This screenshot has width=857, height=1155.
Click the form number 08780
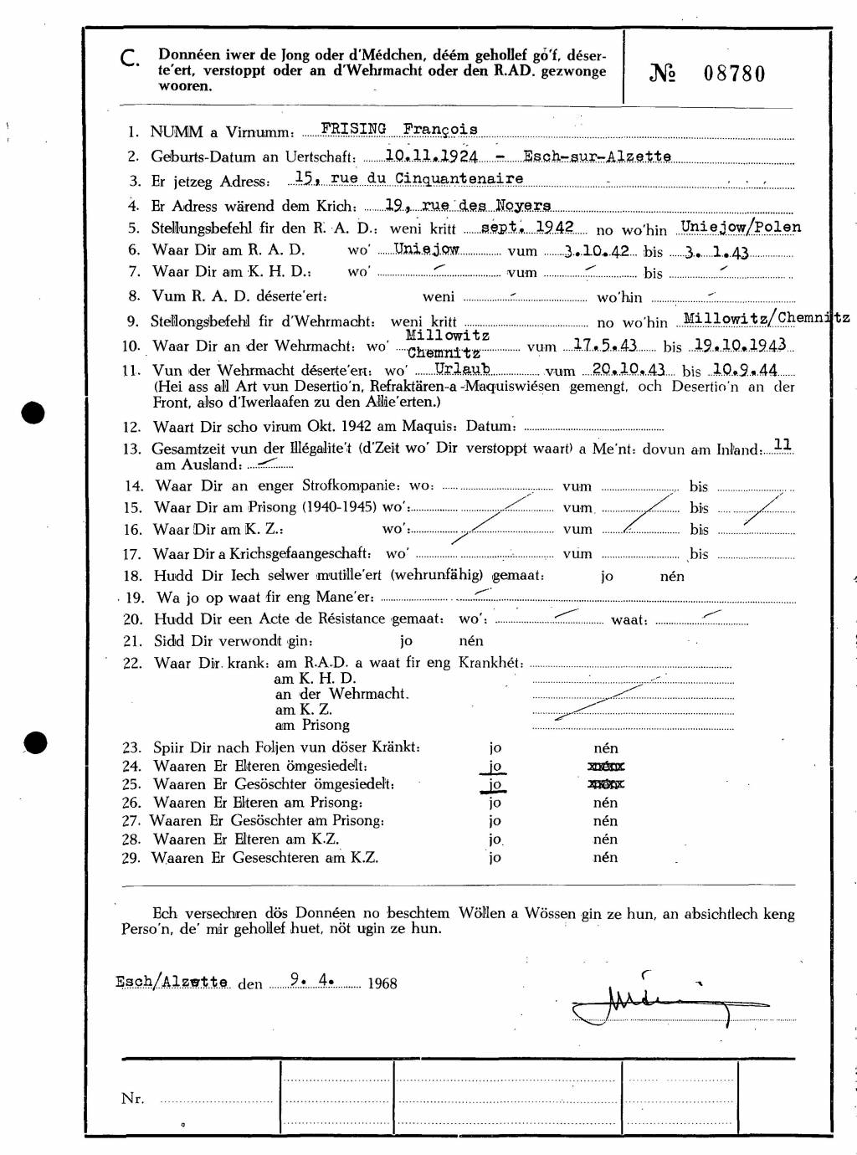pyautogui.click(x=734, y=74)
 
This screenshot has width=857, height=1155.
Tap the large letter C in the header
pyautogui.click(x=130, y=59)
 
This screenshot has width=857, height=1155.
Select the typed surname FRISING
pyautogui.click(x=352, y=129)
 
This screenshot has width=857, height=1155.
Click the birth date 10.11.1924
pyautogui.click(x=431, y=157)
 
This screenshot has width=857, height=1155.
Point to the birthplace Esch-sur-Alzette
pyautogui.click(x=597, y=157)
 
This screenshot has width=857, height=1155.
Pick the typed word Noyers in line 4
pyautogui.click(x=522, y=205)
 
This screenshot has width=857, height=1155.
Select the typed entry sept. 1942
pyautogui.click(x=527, y=228)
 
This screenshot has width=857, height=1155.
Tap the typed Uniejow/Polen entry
pyautogui.click(x=741, y=227)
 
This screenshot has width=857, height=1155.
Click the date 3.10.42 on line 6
pyautogui.click(x=597, y=251)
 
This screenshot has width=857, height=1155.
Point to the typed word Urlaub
pyautogui.click(x=462, y=368)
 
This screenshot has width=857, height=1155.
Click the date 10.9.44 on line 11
pyautogui.click(x=746, y=369)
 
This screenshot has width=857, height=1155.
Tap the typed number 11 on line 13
pyautogui.click(x=783, y=445)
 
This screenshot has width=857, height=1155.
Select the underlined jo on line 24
pyautogui.click(x=495, y=766)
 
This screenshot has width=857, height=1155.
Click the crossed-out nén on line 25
pyautogui.click(x=606, y=784)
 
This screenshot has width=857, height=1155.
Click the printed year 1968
pyautogui.click(x=382, y=983)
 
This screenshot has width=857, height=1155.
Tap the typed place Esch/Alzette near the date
pyautogui.click(x=172, y=982)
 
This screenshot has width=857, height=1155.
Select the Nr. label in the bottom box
pyautogui.click(x=132, y=1099)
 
